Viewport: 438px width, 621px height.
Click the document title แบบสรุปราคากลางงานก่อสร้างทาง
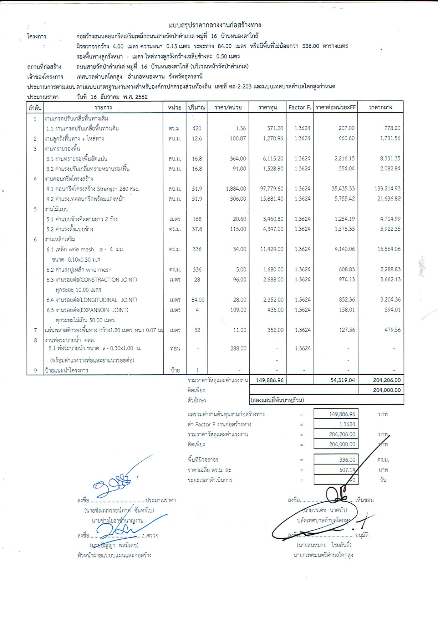215,25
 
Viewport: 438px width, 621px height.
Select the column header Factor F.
300,107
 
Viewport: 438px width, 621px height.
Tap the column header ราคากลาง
381,107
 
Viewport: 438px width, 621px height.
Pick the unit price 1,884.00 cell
236,189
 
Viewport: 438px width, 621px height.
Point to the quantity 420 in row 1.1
197,128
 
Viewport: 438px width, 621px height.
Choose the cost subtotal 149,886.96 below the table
270,380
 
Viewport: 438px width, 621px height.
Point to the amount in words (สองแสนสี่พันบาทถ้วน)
277,400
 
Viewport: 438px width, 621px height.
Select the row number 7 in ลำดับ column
35,330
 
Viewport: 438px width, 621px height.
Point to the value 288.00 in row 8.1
238,348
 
